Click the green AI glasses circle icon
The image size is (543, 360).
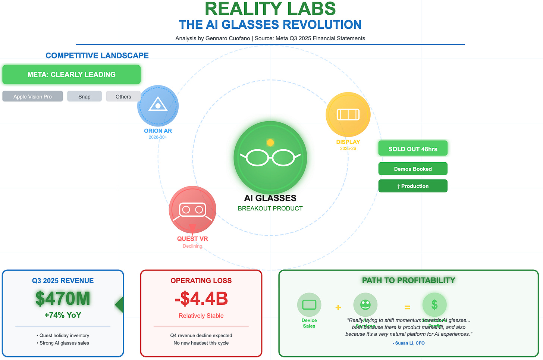(x=270, y=157)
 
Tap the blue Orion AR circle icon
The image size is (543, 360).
(x=158, y=106)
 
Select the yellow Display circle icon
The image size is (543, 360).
(x=348, y=114)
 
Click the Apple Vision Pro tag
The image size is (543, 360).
(x=32, y=96)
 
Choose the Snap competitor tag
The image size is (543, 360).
(x=84, y=96)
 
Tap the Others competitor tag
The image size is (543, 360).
(x=123, y=96)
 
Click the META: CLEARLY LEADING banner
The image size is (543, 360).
(x=72, y=75)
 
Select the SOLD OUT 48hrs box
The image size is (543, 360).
(x=413, y=148)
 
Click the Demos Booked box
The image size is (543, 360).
(x=413, y=169)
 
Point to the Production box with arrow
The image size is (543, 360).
(x=413, y=186)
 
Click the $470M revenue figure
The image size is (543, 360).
(x=63, y=298)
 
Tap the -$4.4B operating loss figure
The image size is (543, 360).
(x=201, y=298)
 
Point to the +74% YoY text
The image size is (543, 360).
(x=63, y=315)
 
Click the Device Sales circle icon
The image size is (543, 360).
(x=309, y=305)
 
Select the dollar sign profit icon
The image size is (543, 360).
(x=434, y=305)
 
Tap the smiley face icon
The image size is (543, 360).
(x=365, y=305)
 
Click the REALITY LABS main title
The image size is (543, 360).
(x=270, y=9)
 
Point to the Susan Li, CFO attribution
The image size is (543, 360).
(x=409, y=343)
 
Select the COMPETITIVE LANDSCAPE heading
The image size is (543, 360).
(x=97, y=56)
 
